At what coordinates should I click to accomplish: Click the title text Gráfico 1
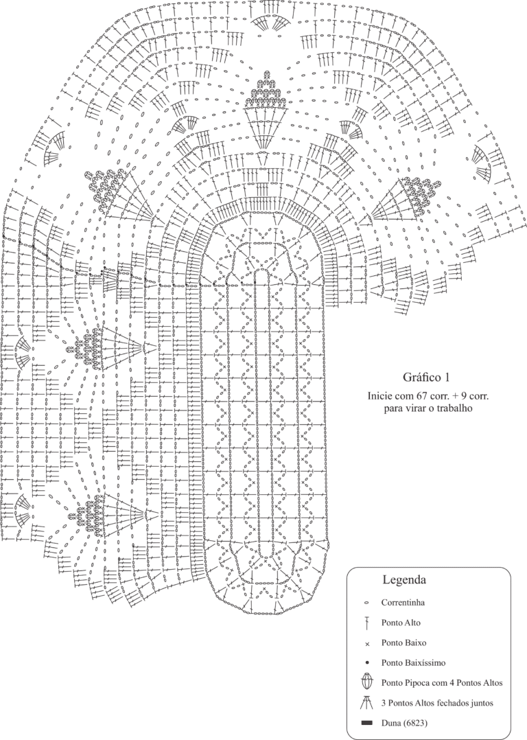tap(425, 378)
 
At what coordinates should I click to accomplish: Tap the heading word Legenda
tap(404, 579)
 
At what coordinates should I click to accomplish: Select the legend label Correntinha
tap(403, 603)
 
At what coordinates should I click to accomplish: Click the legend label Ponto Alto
tap(401, 623)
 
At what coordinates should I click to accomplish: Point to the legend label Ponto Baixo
tap(403, 643)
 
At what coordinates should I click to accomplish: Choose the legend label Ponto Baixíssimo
tap(413, 663)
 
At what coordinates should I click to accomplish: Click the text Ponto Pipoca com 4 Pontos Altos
tap(442, 683)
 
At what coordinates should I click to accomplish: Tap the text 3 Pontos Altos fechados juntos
tap(437, 703)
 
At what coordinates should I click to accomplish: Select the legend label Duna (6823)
tap(405, 723)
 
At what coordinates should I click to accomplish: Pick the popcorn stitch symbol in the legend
tap(366, 682)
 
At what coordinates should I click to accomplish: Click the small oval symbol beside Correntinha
tap(366, 603)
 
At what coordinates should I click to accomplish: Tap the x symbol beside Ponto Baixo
tap(366, 643)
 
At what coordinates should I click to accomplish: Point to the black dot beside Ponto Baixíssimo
tap(366, 663)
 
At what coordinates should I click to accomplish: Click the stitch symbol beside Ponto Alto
tap(366, 623)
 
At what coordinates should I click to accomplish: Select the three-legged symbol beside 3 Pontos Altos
tap(366, 703)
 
